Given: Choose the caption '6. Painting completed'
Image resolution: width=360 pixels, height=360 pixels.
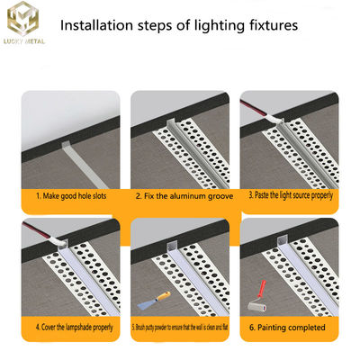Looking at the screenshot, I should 288,327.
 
